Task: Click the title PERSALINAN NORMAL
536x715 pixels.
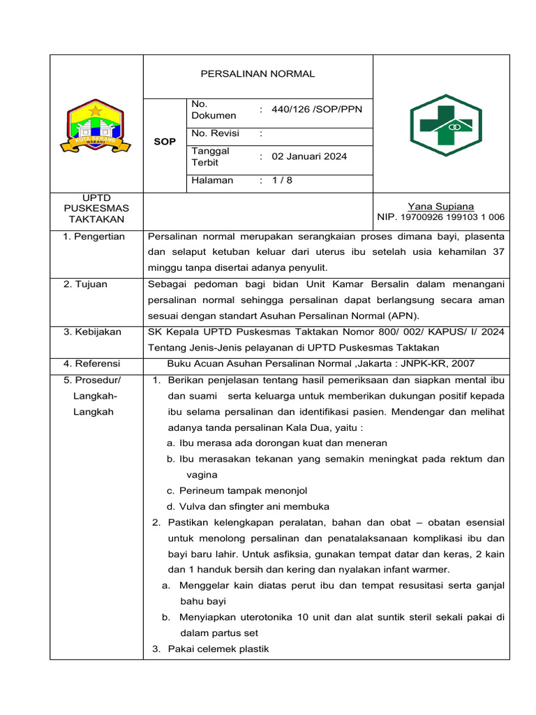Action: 258,74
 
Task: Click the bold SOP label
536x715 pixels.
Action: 164,142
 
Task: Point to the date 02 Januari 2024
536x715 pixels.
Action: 309,156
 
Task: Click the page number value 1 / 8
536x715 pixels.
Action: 282,180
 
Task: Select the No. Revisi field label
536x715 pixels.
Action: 215,133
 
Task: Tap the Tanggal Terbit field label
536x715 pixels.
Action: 210,156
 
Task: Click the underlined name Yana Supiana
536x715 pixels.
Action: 440,206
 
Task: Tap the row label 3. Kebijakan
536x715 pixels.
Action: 92,332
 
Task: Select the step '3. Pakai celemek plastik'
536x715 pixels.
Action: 210,649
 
